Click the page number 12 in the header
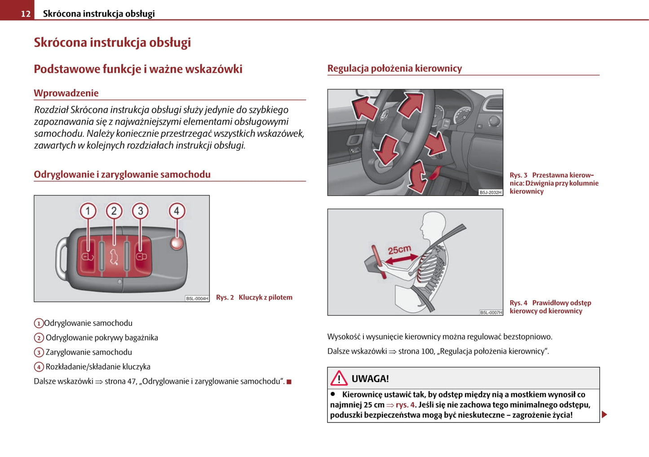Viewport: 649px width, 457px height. [26, 14]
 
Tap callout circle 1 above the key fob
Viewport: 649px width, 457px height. [88, 211]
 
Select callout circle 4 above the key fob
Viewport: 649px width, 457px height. [177, 211]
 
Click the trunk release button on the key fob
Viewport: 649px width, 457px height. [114, 257]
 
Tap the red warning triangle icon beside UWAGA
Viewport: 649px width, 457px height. [339, 379]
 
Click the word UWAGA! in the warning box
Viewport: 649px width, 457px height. [370, 379]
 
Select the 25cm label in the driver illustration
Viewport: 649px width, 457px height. [399, 250]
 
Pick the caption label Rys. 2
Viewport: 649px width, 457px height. [225, 297]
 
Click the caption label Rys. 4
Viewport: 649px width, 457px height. [518, 303]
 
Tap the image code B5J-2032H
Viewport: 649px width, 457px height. [490, 192]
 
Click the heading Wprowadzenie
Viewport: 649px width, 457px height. [66, 93]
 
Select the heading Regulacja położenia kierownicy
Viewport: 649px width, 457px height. [394, 68]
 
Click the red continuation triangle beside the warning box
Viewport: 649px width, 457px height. [605, 414]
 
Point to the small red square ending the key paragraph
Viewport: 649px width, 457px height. [289, 382]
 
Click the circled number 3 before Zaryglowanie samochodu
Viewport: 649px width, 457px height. [39, 353]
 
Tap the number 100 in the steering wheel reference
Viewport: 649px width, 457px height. [428, 351]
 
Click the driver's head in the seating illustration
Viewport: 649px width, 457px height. [433, 226]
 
